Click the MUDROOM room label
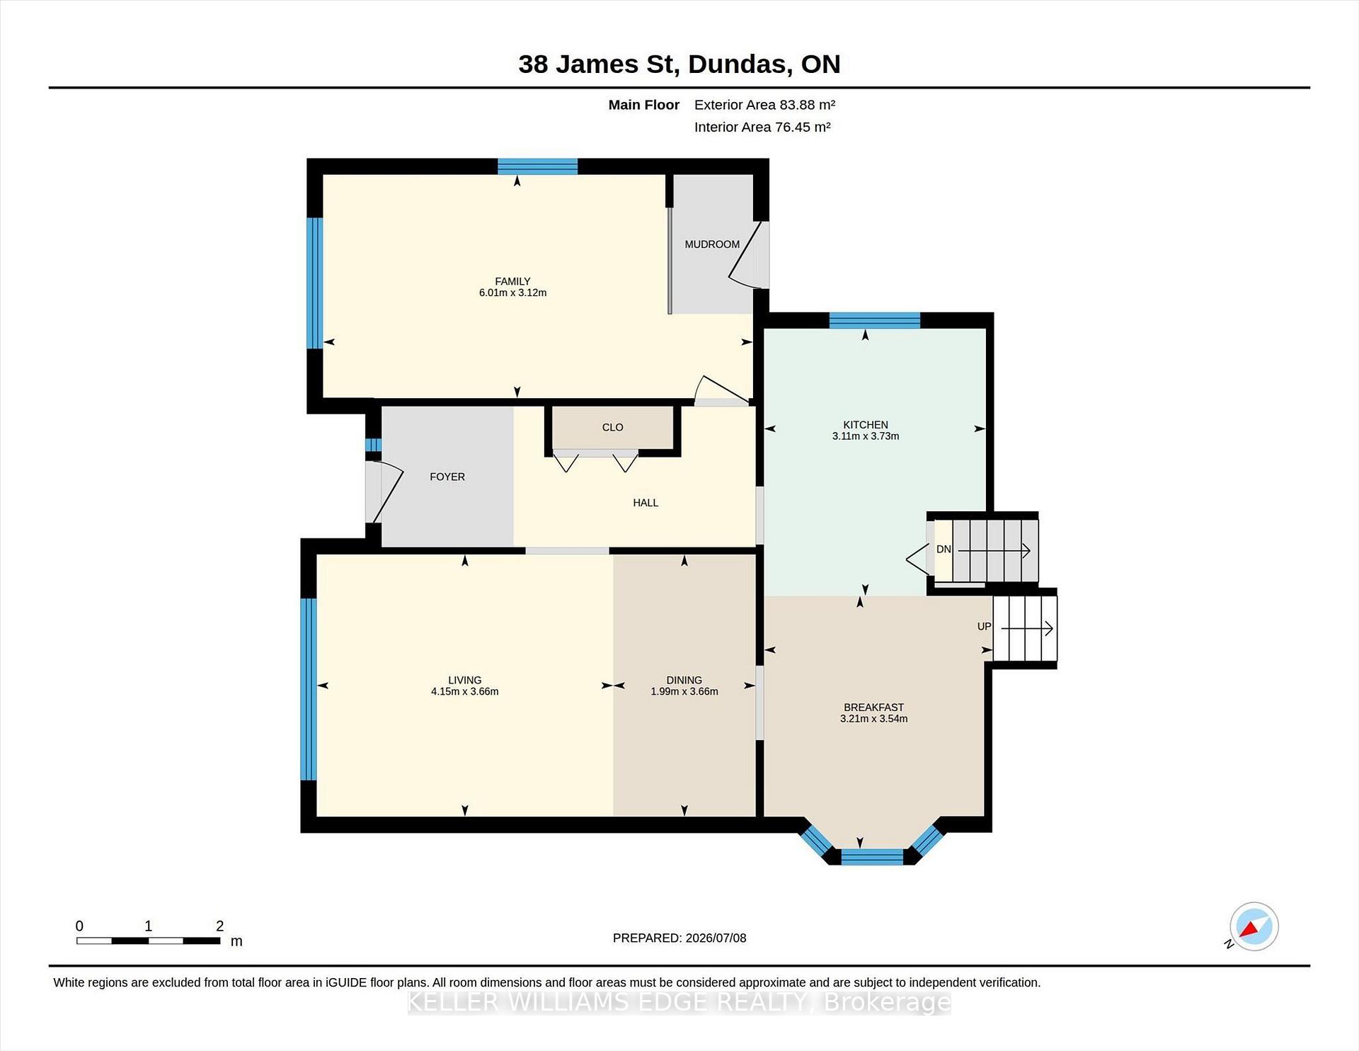click(x=712, y=244)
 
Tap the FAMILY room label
click(x=512, y=281)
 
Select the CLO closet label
click(x=613, y=428)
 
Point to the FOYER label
click(x=447, y=477)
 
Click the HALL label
click(x=646, y=503)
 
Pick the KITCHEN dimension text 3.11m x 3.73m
click(x=866, y=436)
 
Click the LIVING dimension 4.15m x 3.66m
click(x=465, y=692)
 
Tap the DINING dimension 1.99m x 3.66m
click(x=684, y=692)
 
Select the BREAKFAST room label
click(x=873, y=708)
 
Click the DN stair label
click(x=944, y=550)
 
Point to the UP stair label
click(x=984, y=627)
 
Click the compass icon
click(x=1254, y=926)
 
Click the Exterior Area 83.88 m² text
click(x=764, y=105)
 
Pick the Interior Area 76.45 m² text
click(x=762, y=127)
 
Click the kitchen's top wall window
click(x=875, y=320)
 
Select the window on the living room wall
click(x=309, y=689)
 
